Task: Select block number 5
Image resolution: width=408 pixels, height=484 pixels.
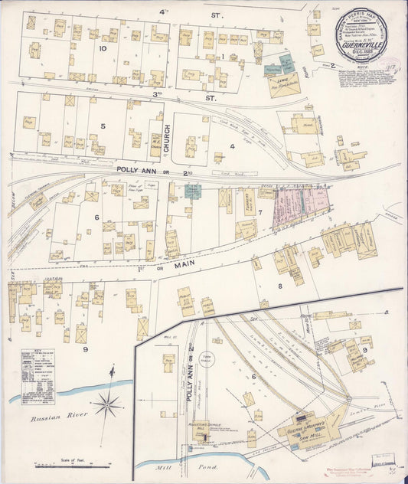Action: (101, 126)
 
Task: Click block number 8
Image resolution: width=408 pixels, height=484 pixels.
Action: (279, 286)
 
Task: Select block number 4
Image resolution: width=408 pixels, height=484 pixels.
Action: (231, 145)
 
